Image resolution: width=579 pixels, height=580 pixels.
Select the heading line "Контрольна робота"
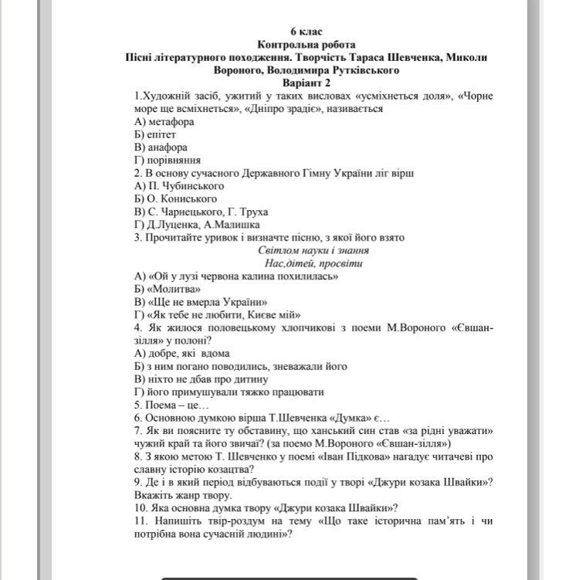click(x=306, y=45)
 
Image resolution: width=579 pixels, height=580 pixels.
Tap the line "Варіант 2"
click(x=306, y=83)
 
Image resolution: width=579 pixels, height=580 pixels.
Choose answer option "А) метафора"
click(x=164, y=121)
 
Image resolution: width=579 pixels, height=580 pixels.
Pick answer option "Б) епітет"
click(x=155, y=134)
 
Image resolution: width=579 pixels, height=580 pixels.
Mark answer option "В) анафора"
click(x=161, y=147)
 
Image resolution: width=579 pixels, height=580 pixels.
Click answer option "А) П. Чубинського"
click(x=179, y=185)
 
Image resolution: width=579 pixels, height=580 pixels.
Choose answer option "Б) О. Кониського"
click(x=175, y=198)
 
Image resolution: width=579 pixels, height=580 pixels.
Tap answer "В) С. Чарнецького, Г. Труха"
click(x=201, y=212)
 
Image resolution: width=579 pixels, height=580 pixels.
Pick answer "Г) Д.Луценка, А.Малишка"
click(x=196, y=225)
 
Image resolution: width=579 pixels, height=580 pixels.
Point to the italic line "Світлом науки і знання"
click(x=313, y=250)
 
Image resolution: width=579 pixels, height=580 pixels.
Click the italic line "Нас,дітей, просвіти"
click(x=313, y=263)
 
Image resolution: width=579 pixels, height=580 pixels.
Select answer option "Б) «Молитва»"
click(x=161, y=289)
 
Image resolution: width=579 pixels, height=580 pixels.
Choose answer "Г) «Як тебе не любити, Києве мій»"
click(x=217, y=314)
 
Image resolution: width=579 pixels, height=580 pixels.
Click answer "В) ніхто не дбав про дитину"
click(x=201, y=379)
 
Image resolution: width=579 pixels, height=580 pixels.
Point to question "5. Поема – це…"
click(x=171, y=405)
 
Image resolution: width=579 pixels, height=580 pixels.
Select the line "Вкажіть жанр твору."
click(x=183, y=495)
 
